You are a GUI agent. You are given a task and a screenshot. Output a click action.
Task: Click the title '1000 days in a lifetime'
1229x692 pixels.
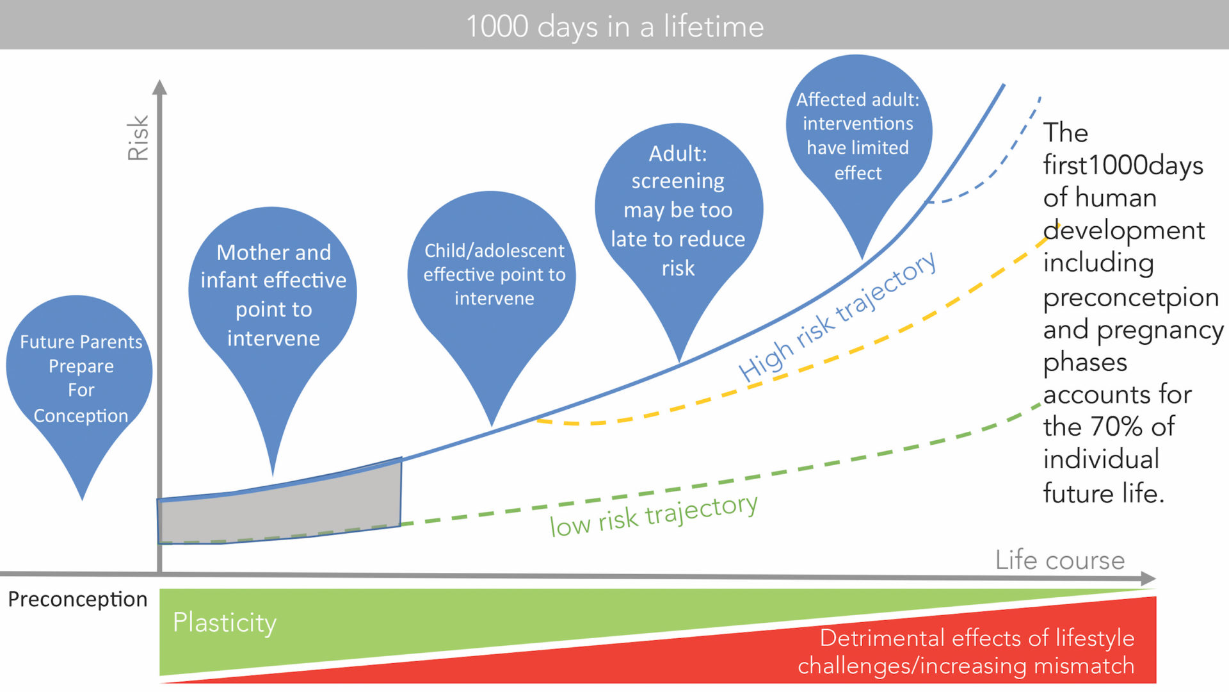(614, 27)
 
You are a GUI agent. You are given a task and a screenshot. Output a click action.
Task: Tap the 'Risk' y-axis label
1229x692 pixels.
(138, 137)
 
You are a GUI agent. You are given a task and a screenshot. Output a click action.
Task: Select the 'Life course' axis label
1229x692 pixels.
(1059, 560)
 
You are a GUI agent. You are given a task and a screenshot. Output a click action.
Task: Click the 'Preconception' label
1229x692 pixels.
(77, 599)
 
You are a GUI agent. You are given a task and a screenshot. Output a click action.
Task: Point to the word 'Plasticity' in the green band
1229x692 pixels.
(224, 622)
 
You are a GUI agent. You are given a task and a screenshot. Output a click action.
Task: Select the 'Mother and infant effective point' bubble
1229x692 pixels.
(273, 295)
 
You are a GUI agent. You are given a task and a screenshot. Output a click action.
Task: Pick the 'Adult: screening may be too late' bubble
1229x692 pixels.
(678, 210)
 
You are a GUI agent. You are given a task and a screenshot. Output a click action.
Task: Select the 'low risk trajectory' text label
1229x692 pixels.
(654, 515)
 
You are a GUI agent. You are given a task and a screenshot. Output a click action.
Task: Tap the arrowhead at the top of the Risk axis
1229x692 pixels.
(160, 87)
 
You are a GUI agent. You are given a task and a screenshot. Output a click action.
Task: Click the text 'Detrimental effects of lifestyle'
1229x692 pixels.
(977, 638)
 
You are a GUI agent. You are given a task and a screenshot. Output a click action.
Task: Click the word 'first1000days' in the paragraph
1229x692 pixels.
(1123, 165)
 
